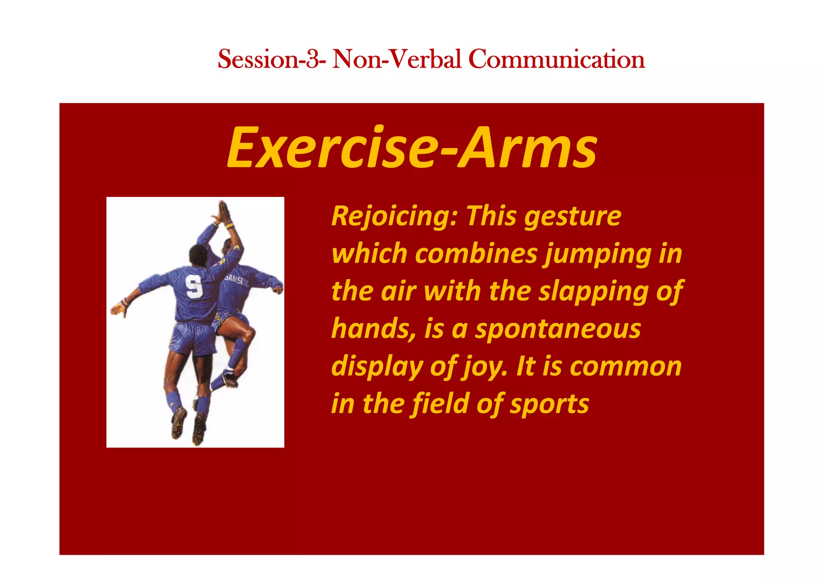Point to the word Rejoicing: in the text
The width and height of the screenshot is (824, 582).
click(394, 216)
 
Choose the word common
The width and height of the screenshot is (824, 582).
click(626, 367)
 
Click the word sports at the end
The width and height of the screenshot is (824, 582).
click(549, 404)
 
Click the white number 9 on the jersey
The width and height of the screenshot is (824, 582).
click(194, 286)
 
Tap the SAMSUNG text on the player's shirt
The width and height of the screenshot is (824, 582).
click(237, 280)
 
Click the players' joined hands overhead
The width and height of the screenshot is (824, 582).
click(222, 212)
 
